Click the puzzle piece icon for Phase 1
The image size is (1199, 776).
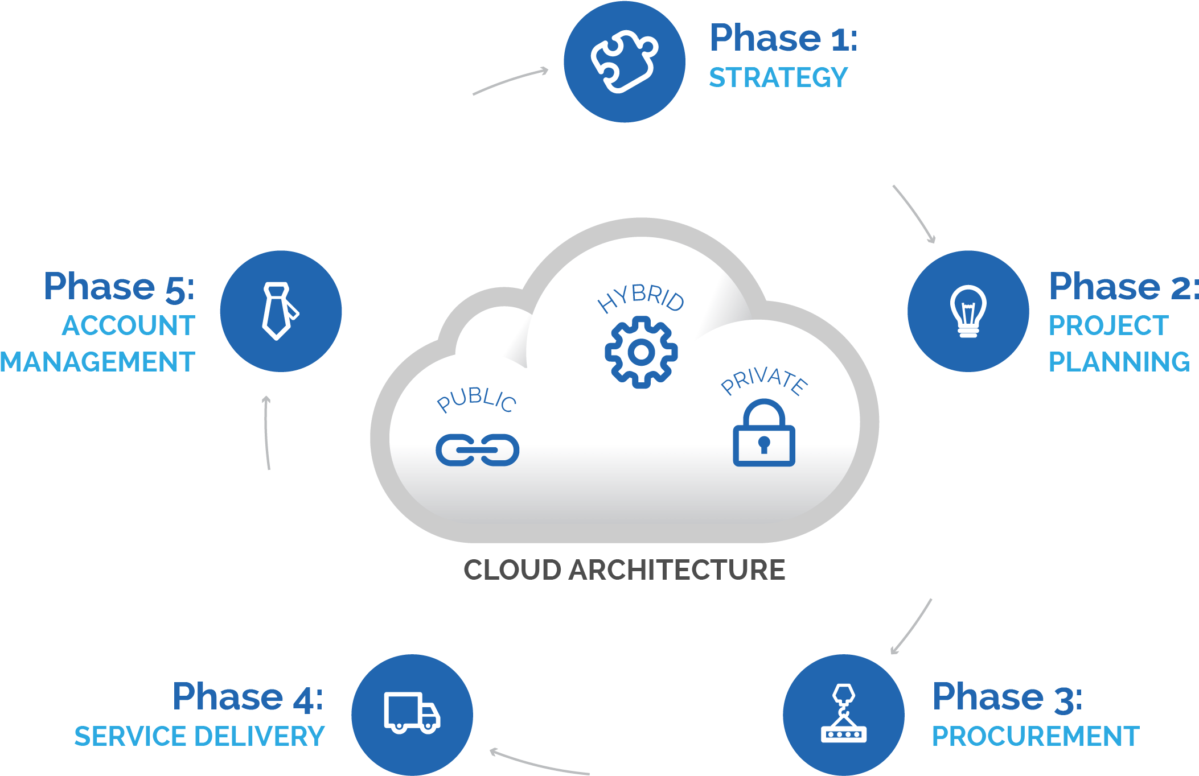tap(625, 61)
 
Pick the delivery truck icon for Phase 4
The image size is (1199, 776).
tap(412, 713)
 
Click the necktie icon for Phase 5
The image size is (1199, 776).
tap(279, 311)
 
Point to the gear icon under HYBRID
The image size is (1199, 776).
tap(641, 353)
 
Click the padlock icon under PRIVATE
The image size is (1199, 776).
tap(763, 434)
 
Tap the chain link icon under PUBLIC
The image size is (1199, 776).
tap(477, 450)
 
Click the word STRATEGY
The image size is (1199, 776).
tap(778, 78)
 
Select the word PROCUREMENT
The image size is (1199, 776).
tap(1036, 736)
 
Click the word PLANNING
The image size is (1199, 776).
tap(1119, 362)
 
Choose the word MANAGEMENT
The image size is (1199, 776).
tap(97, 362)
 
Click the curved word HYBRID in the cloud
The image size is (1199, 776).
tap(641, 298)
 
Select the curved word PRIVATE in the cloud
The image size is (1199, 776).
tap(763, 381)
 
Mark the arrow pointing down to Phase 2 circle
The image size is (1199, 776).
tap(914, 213)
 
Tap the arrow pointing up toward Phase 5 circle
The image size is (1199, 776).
tap(266, 432)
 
